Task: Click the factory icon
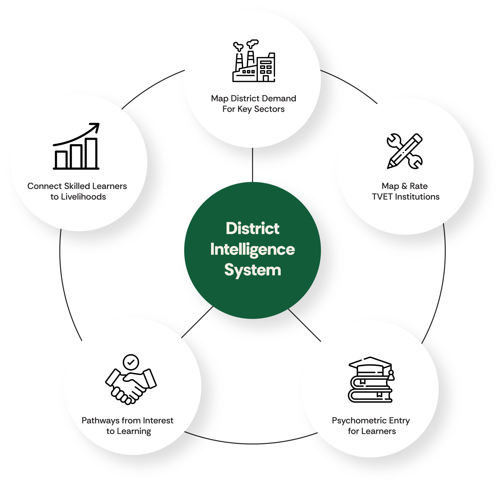[253, 61]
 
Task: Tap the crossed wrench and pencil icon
[404, 151]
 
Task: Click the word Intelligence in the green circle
[252, 249]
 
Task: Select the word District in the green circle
[252, 228]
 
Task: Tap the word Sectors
[269, 109]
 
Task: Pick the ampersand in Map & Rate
[404, 186]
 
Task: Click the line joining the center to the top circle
[252, 165]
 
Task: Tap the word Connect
[45, 186]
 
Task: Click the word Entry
[400, 421]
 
